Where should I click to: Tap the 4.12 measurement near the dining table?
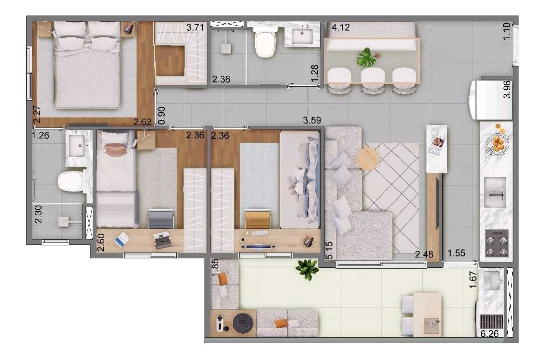tap(341, 28)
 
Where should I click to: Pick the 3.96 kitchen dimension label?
tap(507, 89)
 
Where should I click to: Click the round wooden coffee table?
tap(367, 159)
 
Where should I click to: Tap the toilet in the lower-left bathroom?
tap(69, 181)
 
